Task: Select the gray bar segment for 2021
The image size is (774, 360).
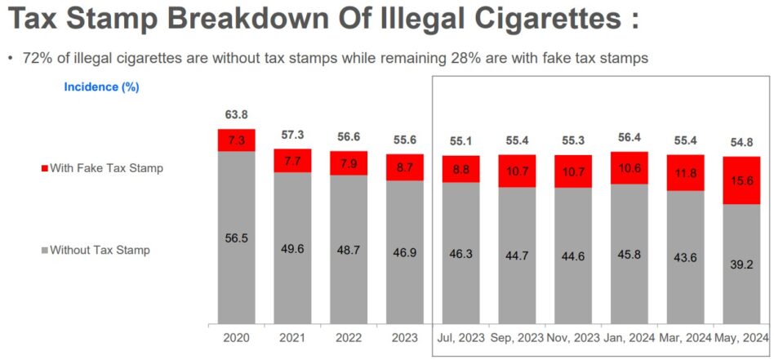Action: (292, 247)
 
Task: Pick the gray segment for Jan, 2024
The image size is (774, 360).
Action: (629, 253)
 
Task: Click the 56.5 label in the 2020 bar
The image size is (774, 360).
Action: (236, 238)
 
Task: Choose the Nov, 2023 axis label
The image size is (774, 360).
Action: (573, 337)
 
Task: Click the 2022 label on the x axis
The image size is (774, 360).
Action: (349, 337)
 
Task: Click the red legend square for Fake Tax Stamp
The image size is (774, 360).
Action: (44, 169)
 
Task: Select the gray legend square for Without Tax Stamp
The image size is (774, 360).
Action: (44, 251)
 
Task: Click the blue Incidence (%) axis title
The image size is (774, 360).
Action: (101, 87)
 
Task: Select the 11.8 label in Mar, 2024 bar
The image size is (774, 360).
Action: (685, 172)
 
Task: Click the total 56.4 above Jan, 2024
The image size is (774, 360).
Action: (629, 139)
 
